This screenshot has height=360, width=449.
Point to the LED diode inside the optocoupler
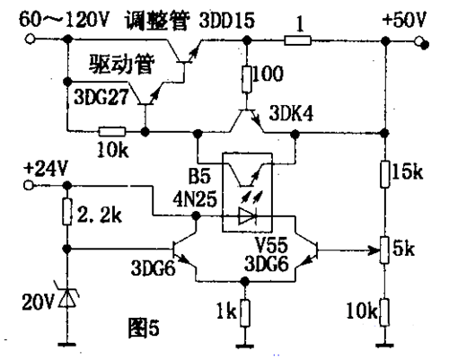[249, 215]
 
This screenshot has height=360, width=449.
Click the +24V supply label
[44, 168]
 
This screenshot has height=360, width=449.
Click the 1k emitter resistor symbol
[244, 313]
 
